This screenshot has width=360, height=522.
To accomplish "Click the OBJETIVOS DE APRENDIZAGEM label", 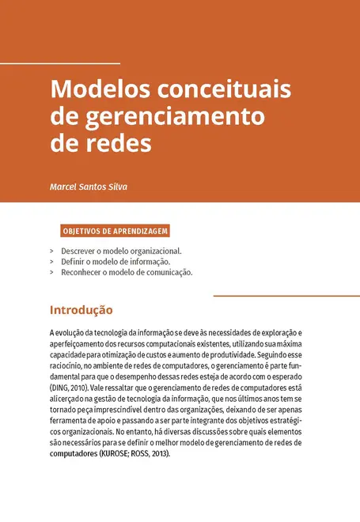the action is [x=115, y=232].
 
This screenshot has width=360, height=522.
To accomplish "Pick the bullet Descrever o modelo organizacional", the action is [x=121, y=251].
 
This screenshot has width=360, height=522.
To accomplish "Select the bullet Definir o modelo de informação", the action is [x=116, y=261].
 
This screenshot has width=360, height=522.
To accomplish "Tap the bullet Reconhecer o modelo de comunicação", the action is [x=127, y=272].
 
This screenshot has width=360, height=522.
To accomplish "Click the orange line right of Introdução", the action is [x=286, y=296].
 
